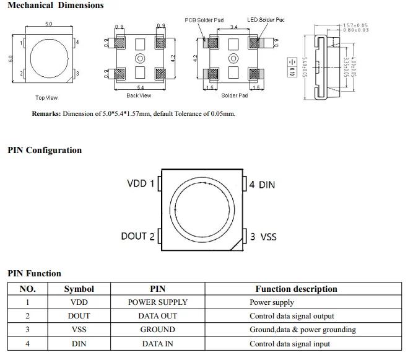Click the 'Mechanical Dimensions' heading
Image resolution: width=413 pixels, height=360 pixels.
tap(56, 6)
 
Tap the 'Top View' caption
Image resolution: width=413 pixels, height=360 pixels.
tap(46, 98)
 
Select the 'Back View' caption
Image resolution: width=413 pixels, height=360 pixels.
tap(139, 95)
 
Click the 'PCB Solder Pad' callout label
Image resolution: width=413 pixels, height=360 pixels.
tap(204, 20)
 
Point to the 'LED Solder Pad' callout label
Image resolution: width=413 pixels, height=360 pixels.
tap(266, 20)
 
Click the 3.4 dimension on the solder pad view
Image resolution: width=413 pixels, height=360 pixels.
tap(233, 27)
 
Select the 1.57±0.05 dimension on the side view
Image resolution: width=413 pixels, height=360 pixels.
tap(355, 25)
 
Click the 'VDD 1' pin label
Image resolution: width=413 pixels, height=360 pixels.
tap(141, 184)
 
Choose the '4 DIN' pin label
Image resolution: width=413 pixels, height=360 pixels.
tap(262, 185)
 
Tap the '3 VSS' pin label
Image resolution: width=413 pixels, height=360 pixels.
tap(263, 237)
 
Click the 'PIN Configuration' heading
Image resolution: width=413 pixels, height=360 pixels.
tap(45, 150)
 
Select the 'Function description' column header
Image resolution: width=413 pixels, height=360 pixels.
tap(296, 289)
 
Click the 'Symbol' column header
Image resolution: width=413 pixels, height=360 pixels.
tap(79, 289)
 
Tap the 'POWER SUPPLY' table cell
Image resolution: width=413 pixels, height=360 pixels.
tap(157, 302)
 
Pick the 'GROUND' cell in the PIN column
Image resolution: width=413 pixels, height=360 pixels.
tap(157, 330)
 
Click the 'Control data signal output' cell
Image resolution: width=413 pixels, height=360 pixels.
tap(292, 316)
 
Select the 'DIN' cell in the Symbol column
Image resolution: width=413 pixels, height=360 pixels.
tap(79, 343)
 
